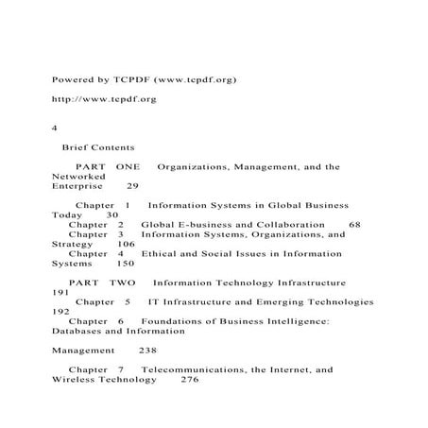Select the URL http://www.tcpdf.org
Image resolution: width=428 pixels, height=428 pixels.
[104, 98]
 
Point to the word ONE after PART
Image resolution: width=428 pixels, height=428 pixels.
[128, 166]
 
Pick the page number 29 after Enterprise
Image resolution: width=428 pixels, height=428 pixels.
[132, 186]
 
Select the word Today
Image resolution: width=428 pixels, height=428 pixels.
[69, 215]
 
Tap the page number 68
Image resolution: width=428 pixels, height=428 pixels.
[354, 225]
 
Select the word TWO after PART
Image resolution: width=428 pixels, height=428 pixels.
[123, 282]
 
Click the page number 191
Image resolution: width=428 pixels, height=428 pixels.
[60, 293]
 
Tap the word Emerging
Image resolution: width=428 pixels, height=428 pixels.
[266, 302]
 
